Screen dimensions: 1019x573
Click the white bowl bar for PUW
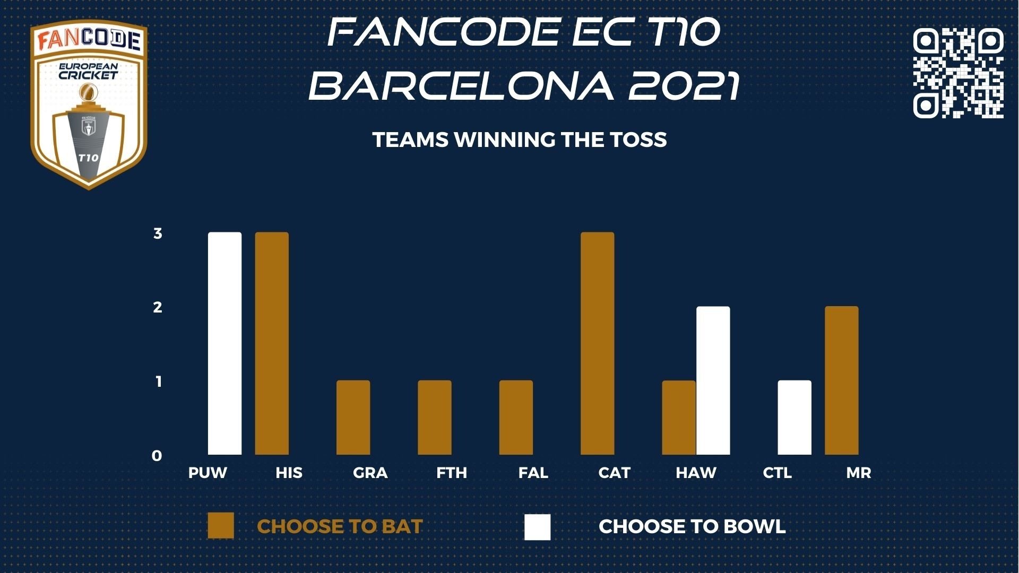[224, 343]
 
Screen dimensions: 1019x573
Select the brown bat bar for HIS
[272, 343]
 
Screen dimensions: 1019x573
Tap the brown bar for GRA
[353, 418]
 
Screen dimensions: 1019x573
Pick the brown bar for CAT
[598, 343]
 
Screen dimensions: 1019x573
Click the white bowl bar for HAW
[713, 380]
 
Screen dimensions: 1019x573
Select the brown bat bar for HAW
[679, 418]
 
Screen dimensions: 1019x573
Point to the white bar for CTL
[795, 418]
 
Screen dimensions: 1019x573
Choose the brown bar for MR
[842, 380]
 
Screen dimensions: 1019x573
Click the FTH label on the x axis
[452, 473]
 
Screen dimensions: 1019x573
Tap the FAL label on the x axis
[533, 473]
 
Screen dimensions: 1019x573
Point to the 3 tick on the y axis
[158, 233]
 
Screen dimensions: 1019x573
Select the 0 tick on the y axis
[157, 456]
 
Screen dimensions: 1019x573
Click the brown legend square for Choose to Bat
[221, 526]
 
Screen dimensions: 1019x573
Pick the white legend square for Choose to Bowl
[538, 527]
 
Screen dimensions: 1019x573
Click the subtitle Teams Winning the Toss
[520, 140]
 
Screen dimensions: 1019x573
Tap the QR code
[958, 73]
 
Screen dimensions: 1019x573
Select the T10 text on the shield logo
[88, 158]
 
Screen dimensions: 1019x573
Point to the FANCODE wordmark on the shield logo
[89, 40]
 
